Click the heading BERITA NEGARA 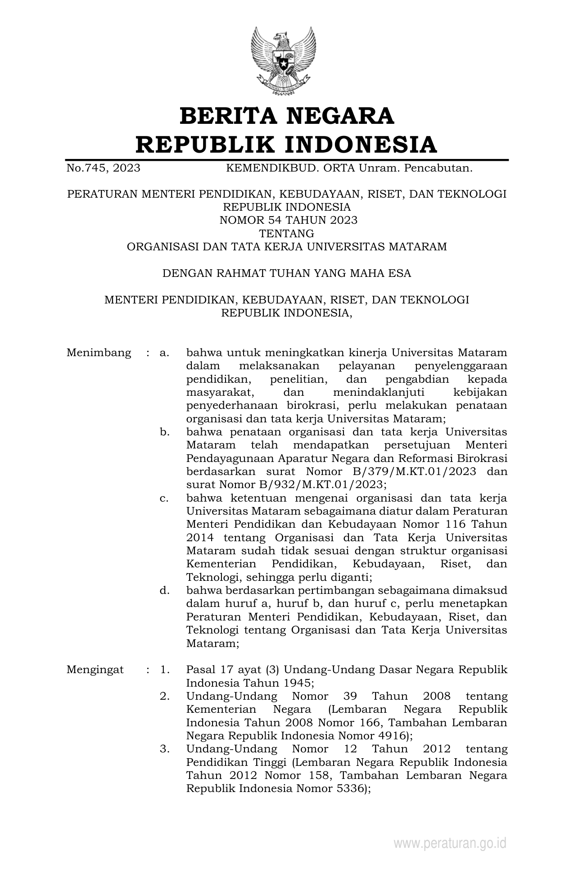click(287, 116)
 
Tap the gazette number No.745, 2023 click(103, 168)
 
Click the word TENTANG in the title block click(287, 233)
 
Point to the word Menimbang click(99, 353)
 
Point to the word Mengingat click(95, 670)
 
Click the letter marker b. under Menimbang click(164, 432)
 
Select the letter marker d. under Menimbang click(164, 590)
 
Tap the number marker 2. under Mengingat click(164, 696)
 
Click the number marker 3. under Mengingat click(164, 749)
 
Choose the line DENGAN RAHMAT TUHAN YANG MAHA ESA click(287, 273)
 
